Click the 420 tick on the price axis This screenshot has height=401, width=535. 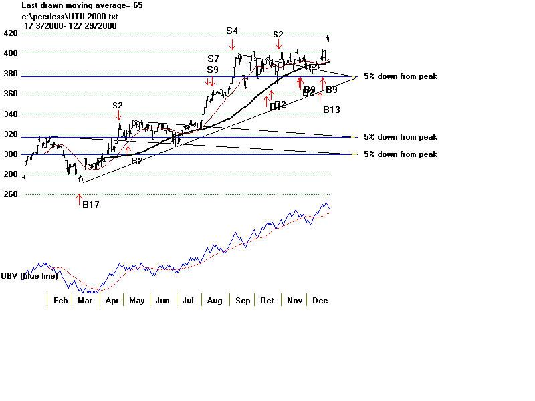[11, 33]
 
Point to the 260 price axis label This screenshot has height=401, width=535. [11, 194]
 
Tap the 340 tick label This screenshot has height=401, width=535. [11, 114]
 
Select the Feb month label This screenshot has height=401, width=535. [60, 301]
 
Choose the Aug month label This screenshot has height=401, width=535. [215, 301]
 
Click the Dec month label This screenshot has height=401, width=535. [320, 301]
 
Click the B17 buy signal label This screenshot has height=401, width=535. [90, 205]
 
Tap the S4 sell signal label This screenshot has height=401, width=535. [232, 31]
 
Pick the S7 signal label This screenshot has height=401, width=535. [213, 59]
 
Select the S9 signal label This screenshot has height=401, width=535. [213, 70]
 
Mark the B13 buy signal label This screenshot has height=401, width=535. [332, 109]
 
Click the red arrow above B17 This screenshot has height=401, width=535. [79, 198]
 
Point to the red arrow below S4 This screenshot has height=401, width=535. [232, 45]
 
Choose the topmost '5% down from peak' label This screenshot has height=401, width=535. [400, 76]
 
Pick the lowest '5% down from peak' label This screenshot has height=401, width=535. [400, 154]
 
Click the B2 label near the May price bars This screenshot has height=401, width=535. [136, 161]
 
